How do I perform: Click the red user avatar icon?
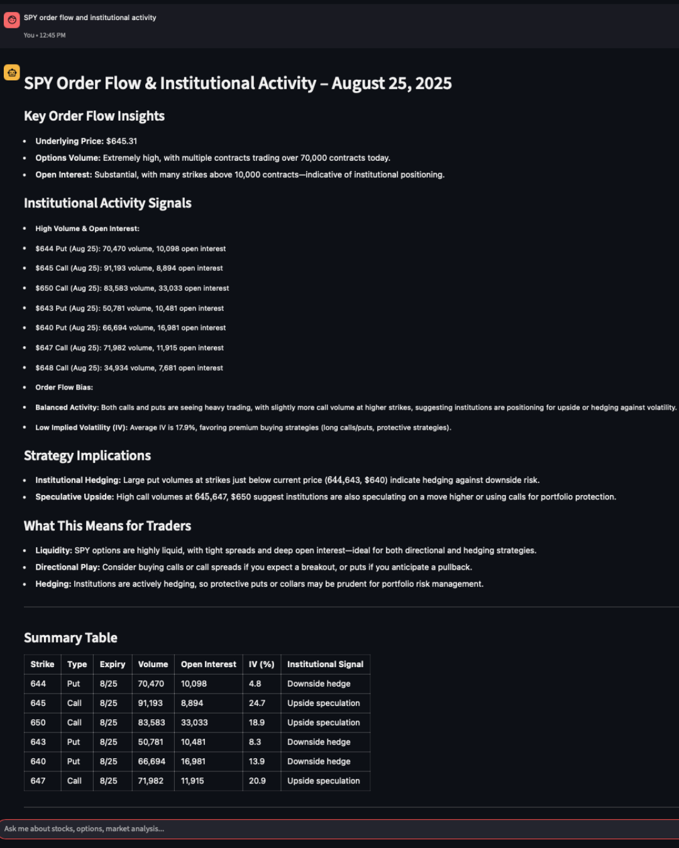point(11,20)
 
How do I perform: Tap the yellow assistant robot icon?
point(11,72)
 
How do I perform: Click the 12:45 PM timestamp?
point(52,35)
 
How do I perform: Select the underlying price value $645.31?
point(121,141)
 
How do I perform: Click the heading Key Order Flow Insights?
point(94,116)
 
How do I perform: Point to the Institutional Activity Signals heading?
point(108,204)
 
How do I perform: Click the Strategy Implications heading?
point(87,456)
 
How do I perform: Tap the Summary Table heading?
point(70,638)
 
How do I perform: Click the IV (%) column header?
point(262,664)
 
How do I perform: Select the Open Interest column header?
point(208,664)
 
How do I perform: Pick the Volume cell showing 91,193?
point(150,703)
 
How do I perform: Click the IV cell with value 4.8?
point(255,683)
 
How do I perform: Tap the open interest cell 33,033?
point(194,722)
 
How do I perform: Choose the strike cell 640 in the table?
point(38,761)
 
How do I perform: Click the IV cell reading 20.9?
point(257,781)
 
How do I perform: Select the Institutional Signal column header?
point(325,664)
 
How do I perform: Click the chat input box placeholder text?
point(84,829)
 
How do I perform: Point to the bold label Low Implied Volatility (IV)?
point(82,428)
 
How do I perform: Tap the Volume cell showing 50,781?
point(150,742)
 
